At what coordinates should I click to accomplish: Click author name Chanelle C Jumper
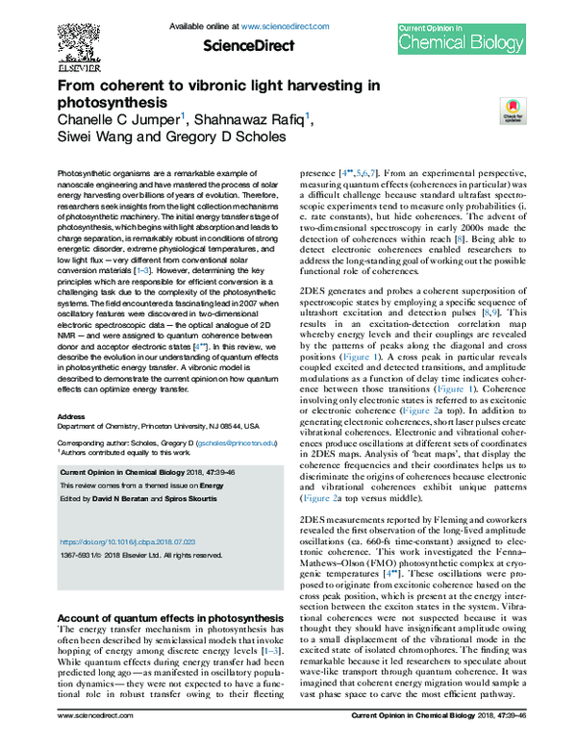[118, 119]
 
